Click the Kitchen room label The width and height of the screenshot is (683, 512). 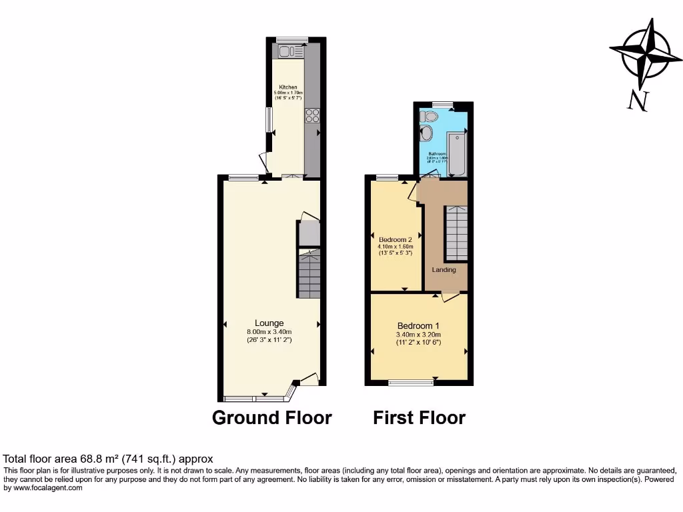[x=288, y=87]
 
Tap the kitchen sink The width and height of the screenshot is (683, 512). [x=288, y=51]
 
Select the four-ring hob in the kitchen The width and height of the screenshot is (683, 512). [x=312, y=116]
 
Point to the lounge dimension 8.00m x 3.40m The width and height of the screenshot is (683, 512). [x=269, y=332]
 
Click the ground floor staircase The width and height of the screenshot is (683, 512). [x=309, y=275]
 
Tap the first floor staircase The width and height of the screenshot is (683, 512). [x=457, y=233]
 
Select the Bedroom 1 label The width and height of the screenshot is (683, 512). [x=419, y=325]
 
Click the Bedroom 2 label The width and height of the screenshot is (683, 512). [x=396, y=239]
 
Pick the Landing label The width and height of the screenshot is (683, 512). [x=444, y=270]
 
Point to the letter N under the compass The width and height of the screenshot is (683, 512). [x=638, y=101]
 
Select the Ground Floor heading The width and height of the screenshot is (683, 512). [x=271, y=418]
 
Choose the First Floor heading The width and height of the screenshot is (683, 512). [x=419, y=418]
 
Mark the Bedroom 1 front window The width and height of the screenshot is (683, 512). [x=411, y=383]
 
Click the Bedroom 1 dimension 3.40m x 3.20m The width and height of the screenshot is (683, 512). [x=419, y=335]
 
